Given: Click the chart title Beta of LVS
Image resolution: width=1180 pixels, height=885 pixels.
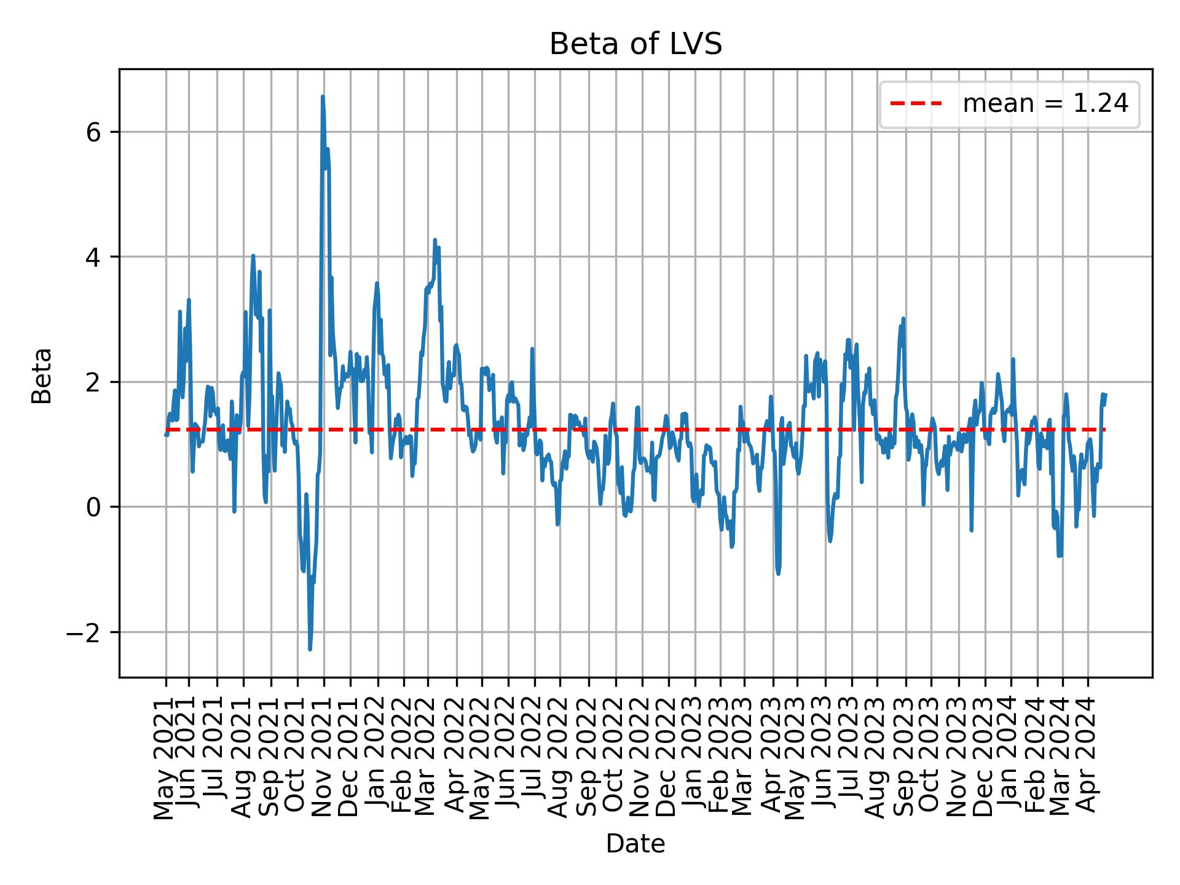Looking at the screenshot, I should point(635,45).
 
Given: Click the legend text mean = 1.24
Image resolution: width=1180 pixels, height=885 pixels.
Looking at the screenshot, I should point(1045,104).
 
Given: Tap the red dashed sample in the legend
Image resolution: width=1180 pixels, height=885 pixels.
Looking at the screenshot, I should point(916,104).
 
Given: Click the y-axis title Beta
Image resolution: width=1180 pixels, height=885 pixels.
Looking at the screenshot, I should point(42,376).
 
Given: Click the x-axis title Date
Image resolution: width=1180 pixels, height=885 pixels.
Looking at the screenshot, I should point(635,844).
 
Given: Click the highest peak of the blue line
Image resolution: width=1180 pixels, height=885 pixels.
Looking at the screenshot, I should point(322,97).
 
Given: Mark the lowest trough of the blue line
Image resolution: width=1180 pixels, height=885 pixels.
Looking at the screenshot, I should point(310,649).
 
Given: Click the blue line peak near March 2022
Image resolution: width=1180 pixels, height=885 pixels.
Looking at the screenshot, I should point(435,240).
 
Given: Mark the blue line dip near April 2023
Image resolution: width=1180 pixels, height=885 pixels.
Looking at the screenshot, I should point(778,574).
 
